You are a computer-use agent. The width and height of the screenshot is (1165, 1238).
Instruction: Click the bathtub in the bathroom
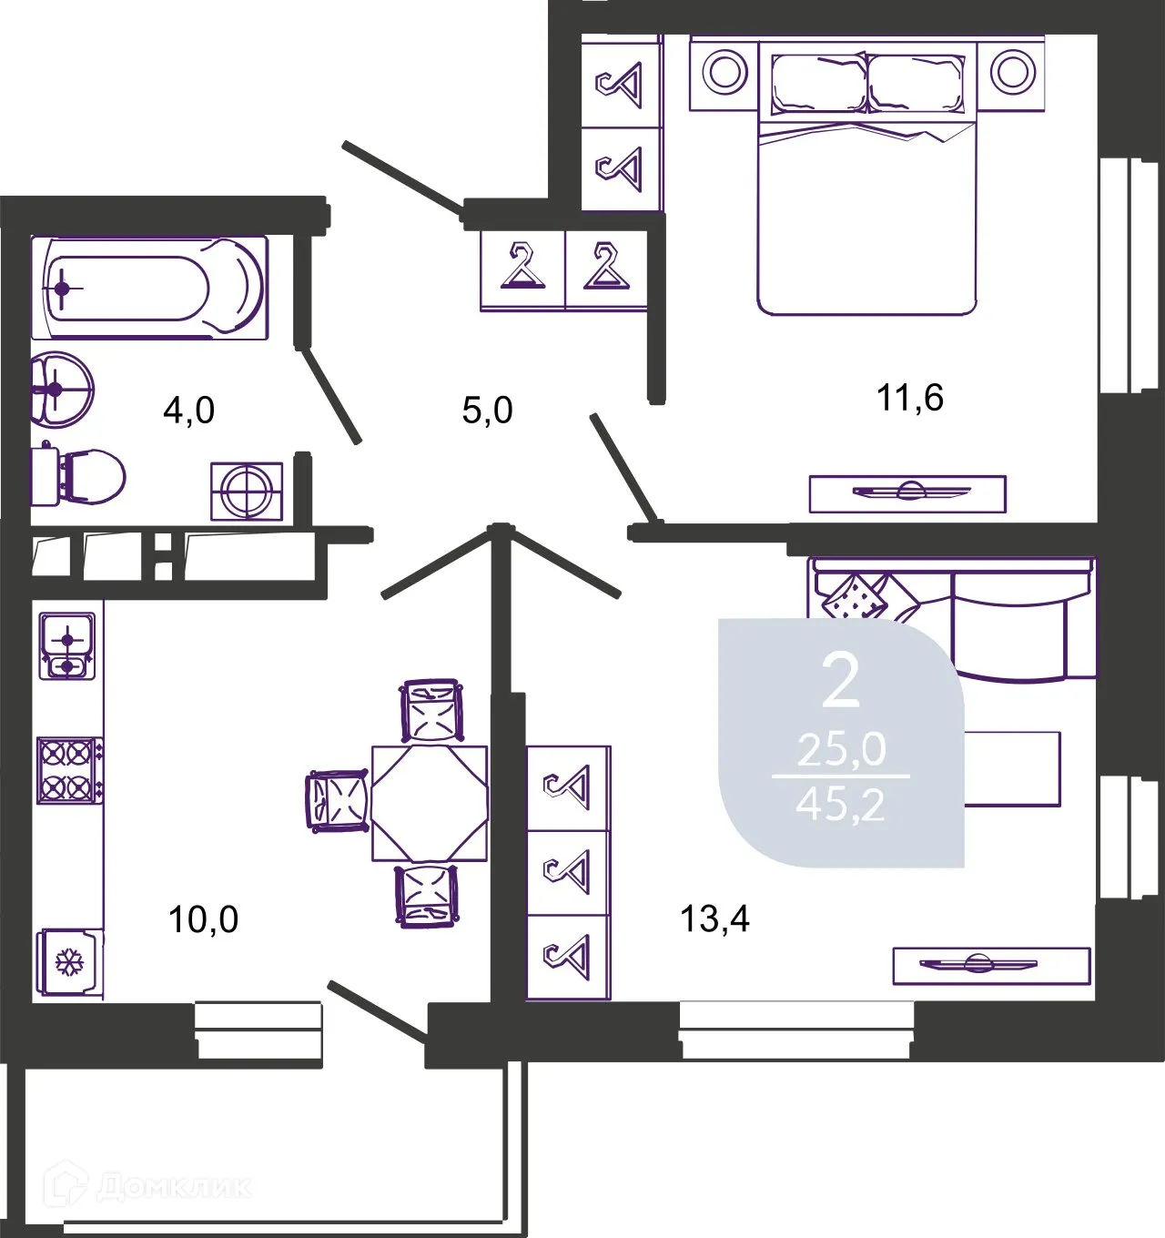pyautogui.click(x=149, y=288)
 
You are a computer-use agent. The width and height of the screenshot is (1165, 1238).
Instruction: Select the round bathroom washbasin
pyautogui.click(x=62, y=389)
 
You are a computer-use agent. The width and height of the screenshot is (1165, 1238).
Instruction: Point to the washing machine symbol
pyautogui.click(x=247, y=492)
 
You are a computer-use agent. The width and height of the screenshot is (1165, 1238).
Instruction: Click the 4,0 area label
pyautogui.click(x=189, y=411)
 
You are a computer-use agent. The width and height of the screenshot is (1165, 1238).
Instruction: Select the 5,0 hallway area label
pyautogui.click(x=488, y=411)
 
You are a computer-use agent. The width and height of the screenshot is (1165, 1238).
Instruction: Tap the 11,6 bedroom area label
pyautogui.click(x=909, y=398)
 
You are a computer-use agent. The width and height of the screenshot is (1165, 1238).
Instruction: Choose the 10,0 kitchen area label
pyautogui.click(x=203, y=920)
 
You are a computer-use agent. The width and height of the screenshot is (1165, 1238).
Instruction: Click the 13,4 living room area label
pyautogui.click(x=715, y=918)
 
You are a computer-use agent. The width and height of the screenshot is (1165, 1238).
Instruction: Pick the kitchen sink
pyautogui.click(x=66, y=645)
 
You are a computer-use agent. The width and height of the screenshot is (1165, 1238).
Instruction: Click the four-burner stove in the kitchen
pyautogui.click(x=70, y=770)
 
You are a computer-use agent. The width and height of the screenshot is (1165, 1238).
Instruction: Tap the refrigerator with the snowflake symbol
pyautogui.click(x=70, y=964)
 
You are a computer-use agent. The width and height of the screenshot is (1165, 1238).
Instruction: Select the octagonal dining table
pyautogui.click(x=430, y=804)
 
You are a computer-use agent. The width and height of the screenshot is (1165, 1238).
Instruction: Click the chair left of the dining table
pyautogui.click(x=338, y=800)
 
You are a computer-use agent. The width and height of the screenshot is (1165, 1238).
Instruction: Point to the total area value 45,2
pyautogui.click(x=840, y=806)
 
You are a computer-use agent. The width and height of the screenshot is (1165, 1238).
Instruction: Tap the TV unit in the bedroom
pyautogui.click(x=907, y=493)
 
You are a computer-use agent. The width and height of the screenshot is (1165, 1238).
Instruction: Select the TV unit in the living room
pyautogui.click(x=992, y=966)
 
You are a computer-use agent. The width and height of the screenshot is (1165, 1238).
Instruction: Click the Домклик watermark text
pyautogui.click(x=174, y=1188)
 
